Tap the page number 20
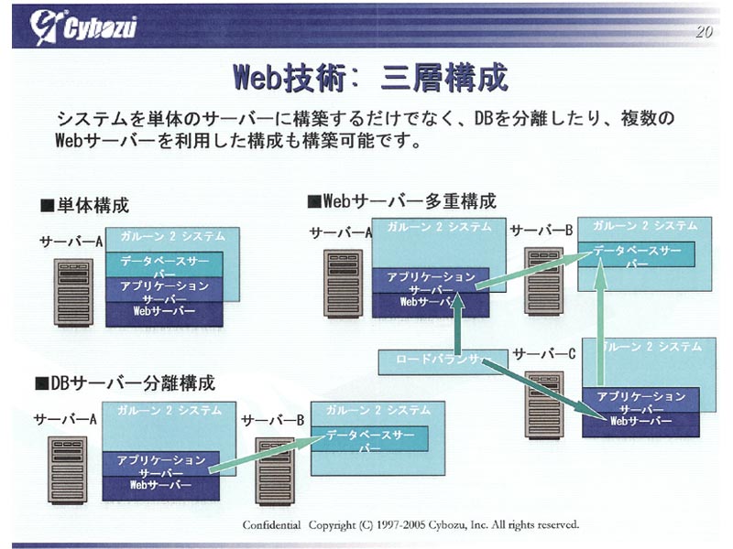pos(703,32)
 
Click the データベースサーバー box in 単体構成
pos(164,264)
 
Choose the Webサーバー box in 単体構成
pos(164,313)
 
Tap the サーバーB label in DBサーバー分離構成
pos(272,419)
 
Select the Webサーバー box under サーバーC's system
pos(640,422)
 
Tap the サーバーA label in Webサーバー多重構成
pos(340,232)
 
